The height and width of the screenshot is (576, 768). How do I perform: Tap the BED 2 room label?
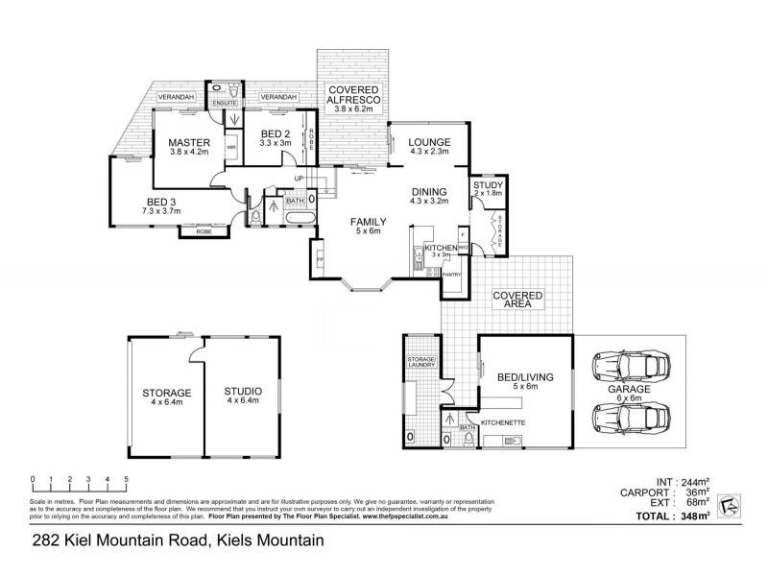276,133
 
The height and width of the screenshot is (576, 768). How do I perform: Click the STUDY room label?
488,184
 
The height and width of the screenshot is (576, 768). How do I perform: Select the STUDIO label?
242,393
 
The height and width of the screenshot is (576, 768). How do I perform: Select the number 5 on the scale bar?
125,478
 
